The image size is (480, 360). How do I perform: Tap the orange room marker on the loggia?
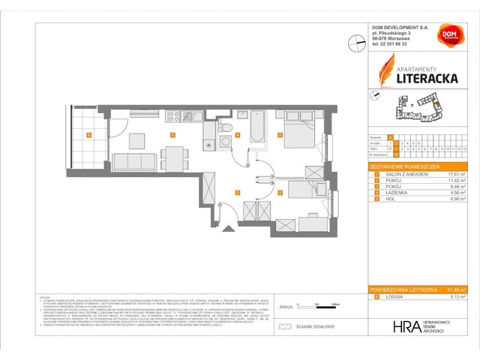tap(88, 136)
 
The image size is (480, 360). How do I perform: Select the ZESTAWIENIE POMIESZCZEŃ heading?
tap(409, 166)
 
